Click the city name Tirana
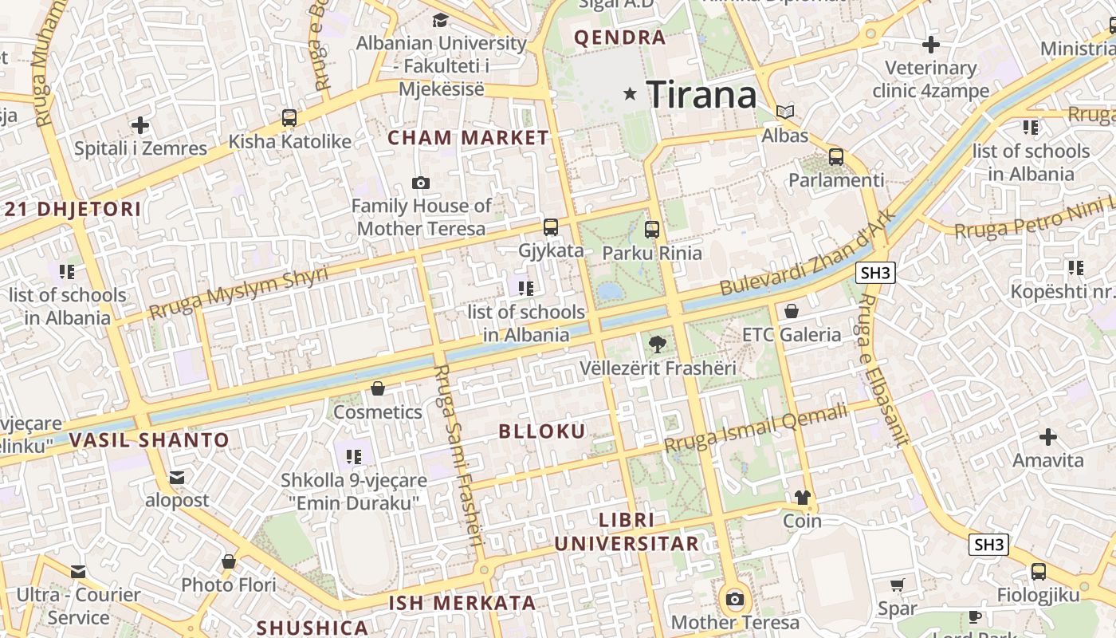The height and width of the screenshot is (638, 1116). (701, 95)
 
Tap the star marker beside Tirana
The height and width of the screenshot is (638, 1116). (631, 94)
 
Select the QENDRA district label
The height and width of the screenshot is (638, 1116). (619, 37)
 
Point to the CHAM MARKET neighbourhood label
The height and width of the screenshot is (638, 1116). (469, 138)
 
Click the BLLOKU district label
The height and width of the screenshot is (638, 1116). (542, 431)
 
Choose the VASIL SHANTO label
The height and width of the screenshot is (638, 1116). (149, 440)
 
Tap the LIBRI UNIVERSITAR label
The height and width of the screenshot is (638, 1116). (627, 532)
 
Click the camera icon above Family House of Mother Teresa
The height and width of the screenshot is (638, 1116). (421, 183)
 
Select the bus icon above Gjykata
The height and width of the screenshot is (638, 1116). (551, 227)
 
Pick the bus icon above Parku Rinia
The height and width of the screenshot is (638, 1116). (652, 230)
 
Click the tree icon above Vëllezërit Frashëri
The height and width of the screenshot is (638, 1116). (657, 345)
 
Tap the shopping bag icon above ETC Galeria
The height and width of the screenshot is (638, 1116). (792, 311)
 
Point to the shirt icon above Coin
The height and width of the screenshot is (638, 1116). (802, 498)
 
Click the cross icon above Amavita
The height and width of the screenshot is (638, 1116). (1048, 437)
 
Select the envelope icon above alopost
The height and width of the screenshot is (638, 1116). (177, 478)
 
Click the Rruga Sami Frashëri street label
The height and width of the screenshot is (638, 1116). (459, 455)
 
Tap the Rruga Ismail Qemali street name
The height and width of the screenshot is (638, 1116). (756, 428)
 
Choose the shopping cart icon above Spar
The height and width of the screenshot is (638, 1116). (898, 585)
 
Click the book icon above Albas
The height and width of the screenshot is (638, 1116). (785, 112)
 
